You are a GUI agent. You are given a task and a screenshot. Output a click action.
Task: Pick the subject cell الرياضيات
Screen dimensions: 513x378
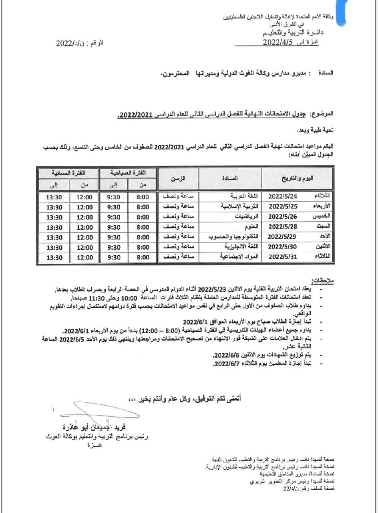[247, 217]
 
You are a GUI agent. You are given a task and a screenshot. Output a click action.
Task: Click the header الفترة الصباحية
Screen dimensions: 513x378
[128, 173]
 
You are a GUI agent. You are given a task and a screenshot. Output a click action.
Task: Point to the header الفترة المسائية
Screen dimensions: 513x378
[65, 173]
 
